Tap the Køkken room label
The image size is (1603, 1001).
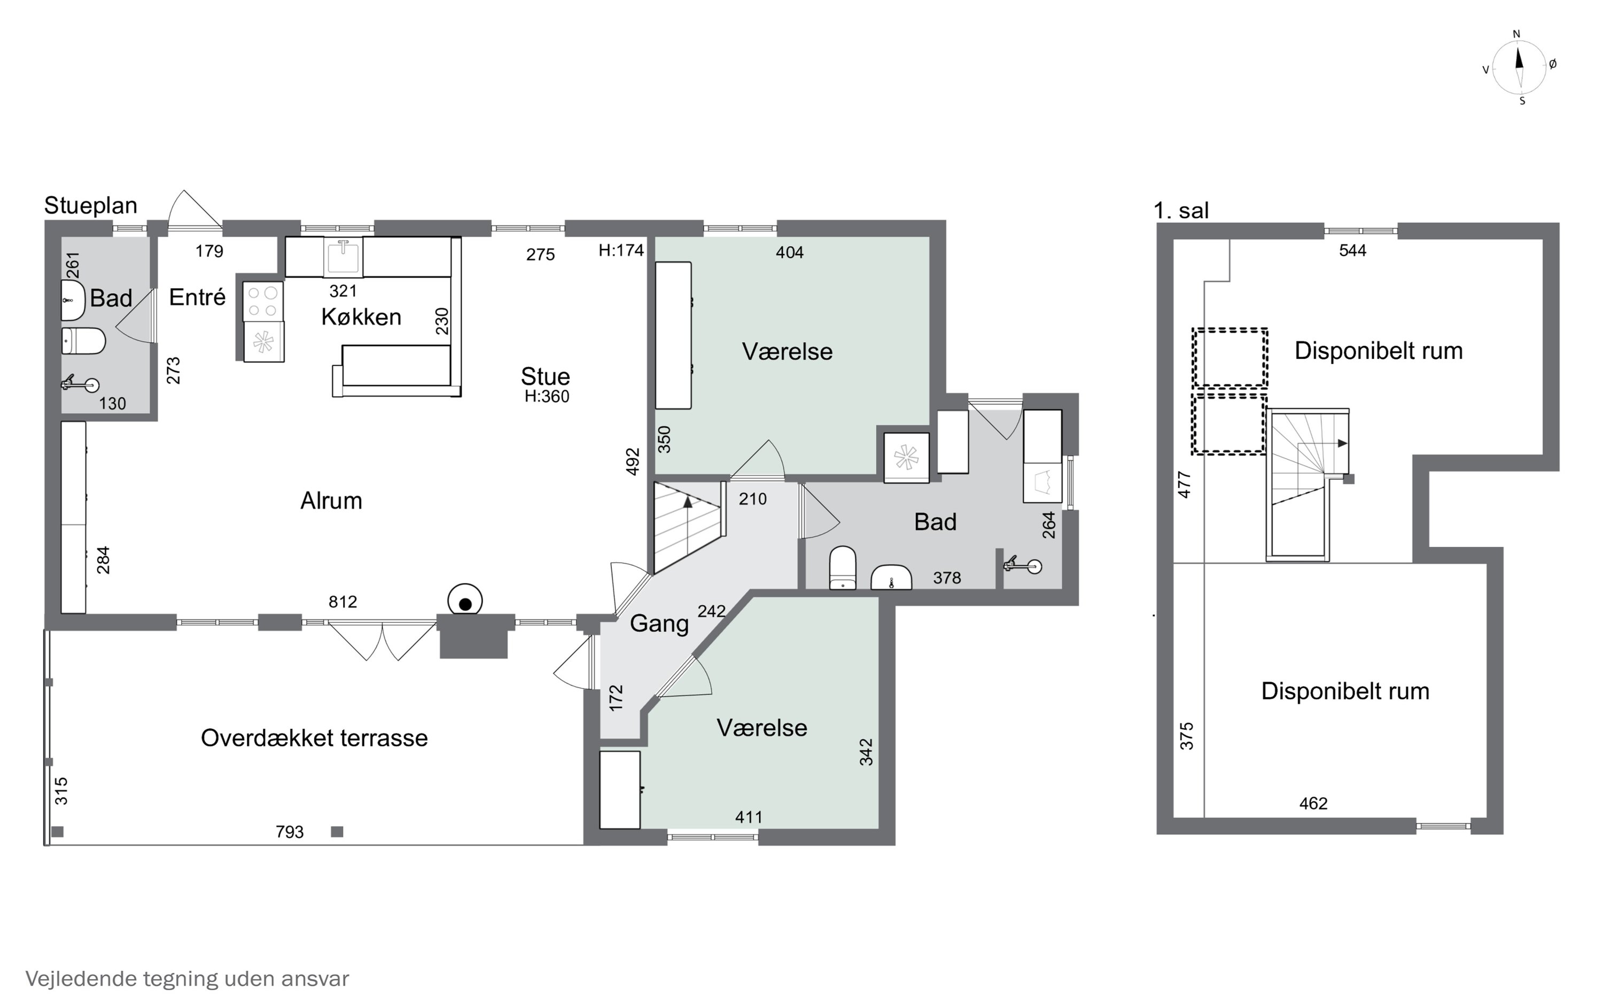(361, 317)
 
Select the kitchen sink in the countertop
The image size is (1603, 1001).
(343, 256)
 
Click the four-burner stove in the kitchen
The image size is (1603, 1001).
(263, 301)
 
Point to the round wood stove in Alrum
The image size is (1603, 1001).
(465, 602)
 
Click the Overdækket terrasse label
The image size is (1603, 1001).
(314, 737)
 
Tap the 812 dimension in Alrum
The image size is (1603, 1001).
(343, 602)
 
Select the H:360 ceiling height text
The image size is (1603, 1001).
(547, 397)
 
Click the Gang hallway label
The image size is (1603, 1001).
(659, 624)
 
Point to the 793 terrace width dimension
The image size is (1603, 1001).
(290, 832)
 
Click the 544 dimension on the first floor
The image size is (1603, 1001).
(1352, 250)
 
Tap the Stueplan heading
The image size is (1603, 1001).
(91, 206)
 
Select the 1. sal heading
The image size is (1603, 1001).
(1181, 210)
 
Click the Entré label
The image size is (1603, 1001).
(197, 297)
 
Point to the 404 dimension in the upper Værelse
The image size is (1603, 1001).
(790, 252)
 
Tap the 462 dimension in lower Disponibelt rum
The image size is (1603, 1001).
(1313, 803)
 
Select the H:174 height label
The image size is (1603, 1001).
(621, 250)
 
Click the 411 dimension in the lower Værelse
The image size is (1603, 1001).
(749, 817)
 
